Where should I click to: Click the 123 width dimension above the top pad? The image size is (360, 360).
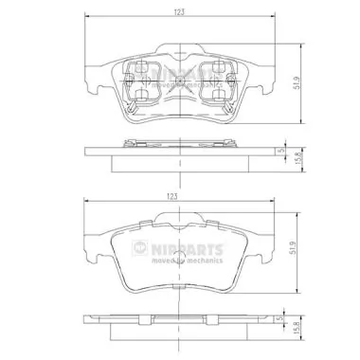tap(178, 11)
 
